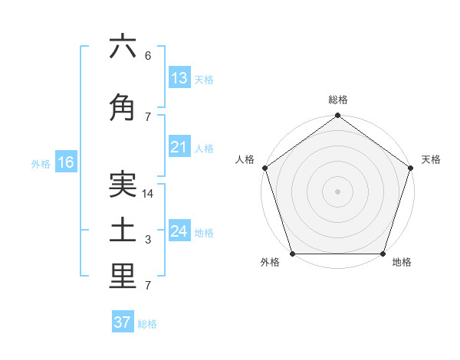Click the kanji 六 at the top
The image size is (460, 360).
tap(123, 47)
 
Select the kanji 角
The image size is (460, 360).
tap(123, 109)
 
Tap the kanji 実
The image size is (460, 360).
tap(123, 185)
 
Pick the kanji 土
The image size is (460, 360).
tap(123, 231)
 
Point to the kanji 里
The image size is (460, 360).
tap(123, 277)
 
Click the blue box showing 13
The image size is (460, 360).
tap(179, 77)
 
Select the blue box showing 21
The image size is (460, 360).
tap(179, 147)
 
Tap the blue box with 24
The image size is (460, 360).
tap(179, 231)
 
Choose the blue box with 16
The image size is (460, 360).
tap(66, 162)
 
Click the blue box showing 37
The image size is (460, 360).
tap(123, 322)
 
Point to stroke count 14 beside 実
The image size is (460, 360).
tap(149, 194)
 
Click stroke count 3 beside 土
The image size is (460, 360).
tap(148, 241)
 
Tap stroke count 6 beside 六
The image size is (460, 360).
tap(148, 56)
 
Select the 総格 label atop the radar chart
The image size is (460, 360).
tap(338, 100)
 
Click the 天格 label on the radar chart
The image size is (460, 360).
tap(431, 159)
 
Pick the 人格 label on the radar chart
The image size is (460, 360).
tap(245, 159)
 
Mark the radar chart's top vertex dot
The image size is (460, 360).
tap(338, 116)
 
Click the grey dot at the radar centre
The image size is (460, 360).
tap(338, 191)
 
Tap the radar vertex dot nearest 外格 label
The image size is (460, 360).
tap(292, 254)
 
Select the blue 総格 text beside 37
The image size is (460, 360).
tap(147, 324)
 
